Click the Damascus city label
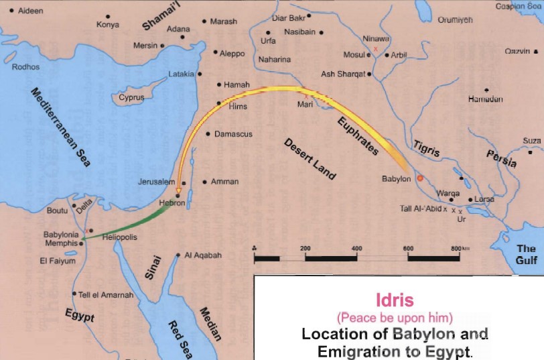click(x=233, y=134)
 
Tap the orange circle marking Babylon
click(x=420, y=178)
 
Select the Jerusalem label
click(x=157, y=182)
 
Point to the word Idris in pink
click(x=396, y=300)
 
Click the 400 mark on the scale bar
click(x=356, y=249)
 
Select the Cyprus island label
click(x=131, y=98)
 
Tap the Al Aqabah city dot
click(x=178, y=255)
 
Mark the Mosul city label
click(x=353, y=55)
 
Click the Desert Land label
click(x=310, y=159)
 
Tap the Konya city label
click(x=107, y=25)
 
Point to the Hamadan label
click(x=485, y=99)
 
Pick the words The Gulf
click(x=526, y=254)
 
